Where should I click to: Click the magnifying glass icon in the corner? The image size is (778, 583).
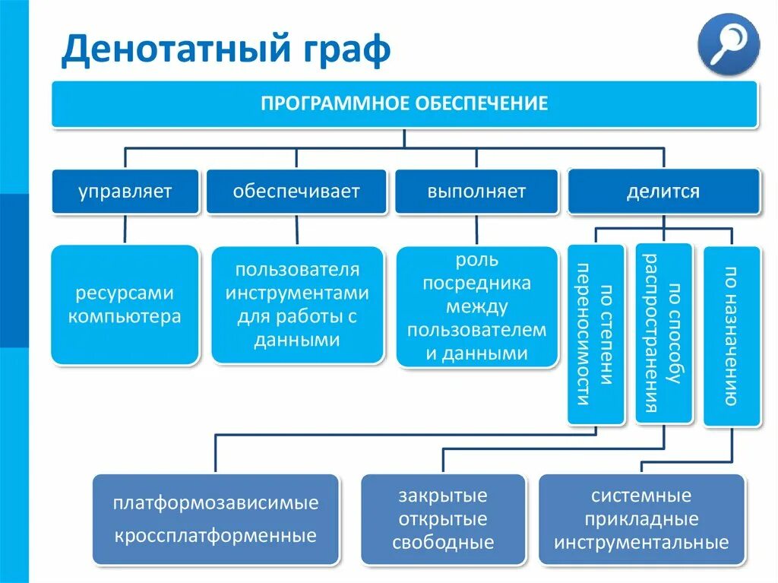pos(728,43)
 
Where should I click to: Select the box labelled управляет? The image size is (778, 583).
pos(125,191)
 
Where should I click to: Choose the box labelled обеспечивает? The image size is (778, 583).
pos(296,191)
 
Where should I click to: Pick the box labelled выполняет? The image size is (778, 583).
pos(476,191)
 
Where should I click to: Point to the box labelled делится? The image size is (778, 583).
pos(663,191)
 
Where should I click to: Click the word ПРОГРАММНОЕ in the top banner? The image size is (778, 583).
pos(334,103)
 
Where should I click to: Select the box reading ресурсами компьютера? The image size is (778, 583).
pos(125,304)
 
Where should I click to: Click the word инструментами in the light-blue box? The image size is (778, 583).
pos(297,293)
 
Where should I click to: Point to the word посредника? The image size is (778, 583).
pos(476,284)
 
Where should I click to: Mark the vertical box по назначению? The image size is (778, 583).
pos(731,335)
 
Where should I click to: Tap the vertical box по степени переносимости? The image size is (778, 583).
pos(596,334)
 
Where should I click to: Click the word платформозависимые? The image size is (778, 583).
pos(216,503)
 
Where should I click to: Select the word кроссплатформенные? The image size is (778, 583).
pos(216,536)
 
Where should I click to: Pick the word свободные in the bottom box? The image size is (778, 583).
pos(443,543)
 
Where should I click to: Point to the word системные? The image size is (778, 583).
pos(641,496)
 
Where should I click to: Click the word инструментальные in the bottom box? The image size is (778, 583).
pos(641,543)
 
